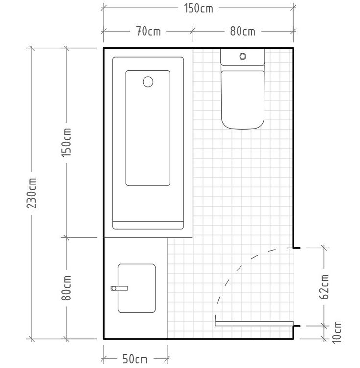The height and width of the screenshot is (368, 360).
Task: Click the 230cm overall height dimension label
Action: pyautogui.click(x=31, y=193)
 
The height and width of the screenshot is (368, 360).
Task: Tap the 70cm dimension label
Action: pyautogui.click(x=148, y=31)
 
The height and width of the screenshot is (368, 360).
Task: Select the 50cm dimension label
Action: pyautogui.click(x=135, y=359)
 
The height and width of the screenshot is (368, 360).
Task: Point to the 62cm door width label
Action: pyautogui.click(x=324, y=286)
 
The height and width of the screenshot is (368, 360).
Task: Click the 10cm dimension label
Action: pyautogui.click(x=336, y=332)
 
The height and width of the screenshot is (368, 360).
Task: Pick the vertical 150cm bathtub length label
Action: pyautogui.click(x=66, y=142)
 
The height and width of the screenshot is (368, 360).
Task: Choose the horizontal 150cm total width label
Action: pyautogui.click(x=198, y=9)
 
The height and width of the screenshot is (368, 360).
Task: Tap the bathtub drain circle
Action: pyautogui.click(x=148, y=82)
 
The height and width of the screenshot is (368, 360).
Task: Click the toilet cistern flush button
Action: pyautogui.click(x=243, y=56)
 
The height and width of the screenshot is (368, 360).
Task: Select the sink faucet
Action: pyautogui.click(x=120, y=288)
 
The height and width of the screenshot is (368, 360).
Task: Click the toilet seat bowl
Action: pyautogui.click(x=243, y=100)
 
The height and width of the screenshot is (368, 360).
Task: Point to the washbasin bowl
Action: pyautogui.click(x=137, y=288)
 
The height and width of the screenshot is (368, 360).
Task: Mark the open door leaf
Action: pyautogui.click(x=254, y=323)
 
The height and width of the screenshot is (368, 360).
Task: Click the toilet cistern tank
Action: pyautogui.click(x=243, y=57)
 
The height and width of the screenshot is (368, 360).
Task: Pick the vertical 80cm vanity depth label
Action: pyautogui.click(x=66, y=288)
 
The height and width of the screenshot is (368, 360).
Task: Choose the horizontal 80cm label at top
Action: pyautogui.click(x=242, y=31)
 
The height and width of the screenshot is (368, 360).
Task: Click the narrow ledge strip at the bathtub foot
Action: pyautogui.click(x=148, y=225)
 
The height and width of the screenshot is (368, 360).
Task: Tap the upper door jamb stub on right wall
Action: pyautogui.click(x=297, y=248)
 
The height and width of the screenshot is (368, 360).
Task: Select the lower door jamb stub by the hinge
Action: pyautogui.click(x=297, y=326)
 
